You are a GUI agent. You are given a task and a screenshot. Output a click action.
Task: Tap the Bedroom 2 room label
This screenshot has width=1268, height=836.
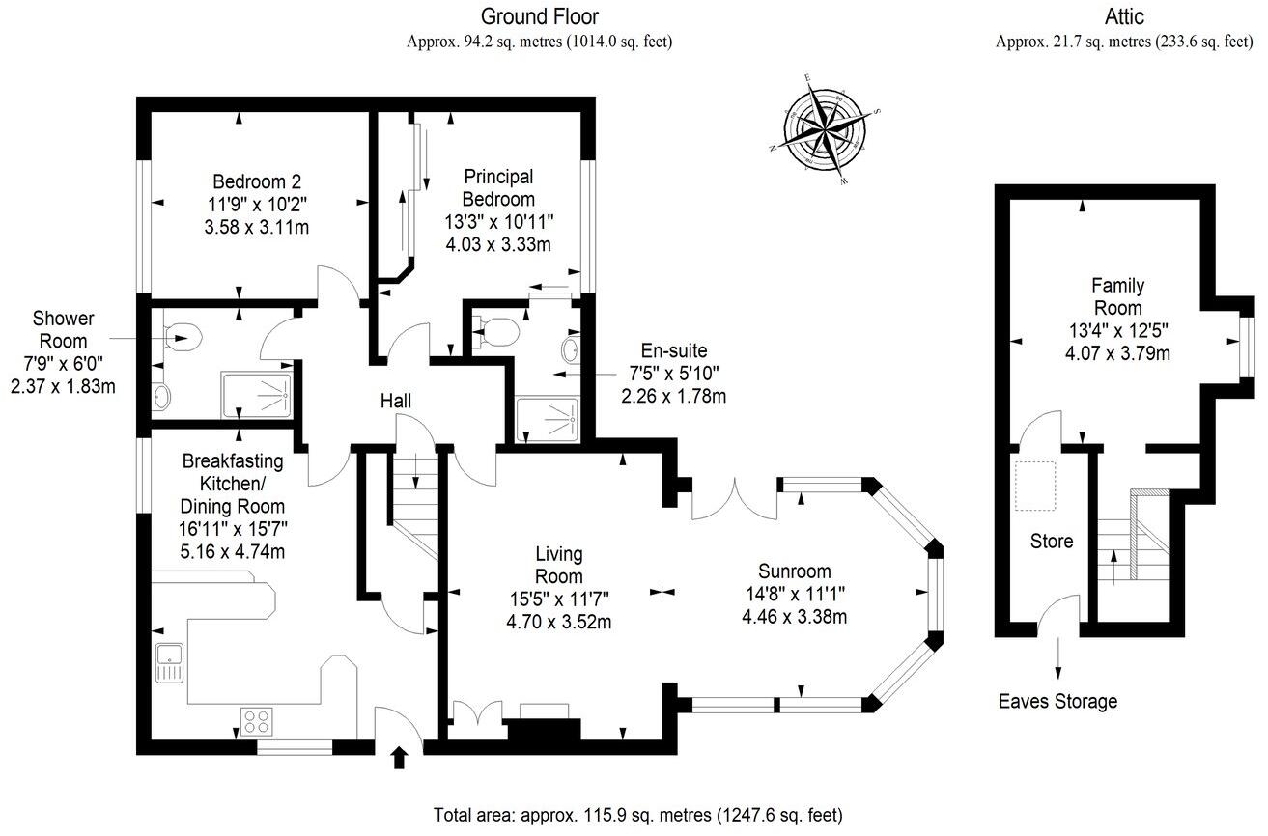[x=257, y=181]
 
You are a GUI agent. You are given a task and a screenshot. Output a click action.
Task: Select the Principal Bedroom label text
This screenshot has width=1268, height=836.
[x=498, y=187]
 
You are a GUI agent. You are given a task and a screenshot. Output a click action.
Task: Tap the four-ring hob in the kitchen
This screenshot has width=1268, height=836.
[x=256, y=721]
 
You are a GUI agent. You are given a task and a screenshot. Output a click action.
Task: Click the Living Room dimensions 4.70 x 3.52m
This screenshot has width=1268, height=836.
[x=558, y=622]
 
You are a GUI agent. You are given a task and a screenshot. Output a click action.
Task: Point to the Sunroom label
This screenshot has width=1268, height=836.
[x=794, y=571]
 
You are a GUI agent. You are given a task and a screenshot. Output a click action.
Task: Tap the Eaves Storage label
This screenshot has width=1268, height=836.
[x=1057, y=701]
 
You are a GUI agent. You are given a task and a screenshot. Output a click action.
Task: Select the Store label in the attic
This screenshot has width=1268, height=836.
[x=1051, y=542]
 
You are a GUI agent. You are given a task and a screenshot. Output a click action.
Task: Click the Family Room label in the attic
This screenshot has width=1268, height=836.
[x=1117, y=295]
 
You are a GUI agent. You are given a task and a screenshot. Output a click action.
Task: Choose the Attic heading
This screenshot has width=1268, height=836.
[x=1124, y=16]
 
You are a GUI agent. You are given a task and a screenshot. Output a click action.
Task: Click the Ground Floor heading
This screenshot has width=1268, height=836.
[x=540, y=16]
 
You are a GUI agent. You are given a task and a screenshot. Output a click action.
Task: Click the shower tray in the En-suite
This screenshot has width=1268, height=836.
[x=548, y=421]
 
